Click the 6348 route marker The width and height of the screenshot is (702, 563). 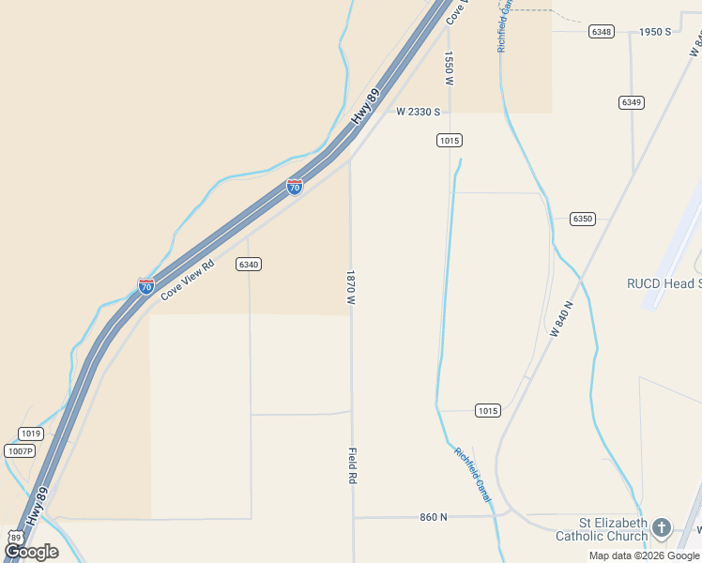click(x=602, y=32)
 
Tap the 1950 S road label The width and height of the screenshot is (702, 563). click(x=655, y=32)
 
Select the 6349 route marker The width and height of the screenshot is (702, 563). click(x=632, y=101)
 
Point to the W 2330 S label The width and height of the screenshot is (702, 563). click(x=418, y=112)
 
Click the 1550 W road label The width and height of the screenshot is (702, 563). click(x=450, y=68)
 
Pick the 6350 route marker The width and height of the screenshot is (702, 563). click(x=583, y=219)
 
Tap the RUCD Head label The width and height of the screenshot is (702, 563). click(x=664, y=283)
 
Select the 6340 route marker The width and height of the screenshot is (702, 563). click(x=249, y=265)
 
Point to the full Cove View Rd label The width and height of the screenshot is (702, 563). click(x=188, y=280)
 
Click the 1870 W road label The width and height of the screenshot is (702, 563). click(x=350, y=288)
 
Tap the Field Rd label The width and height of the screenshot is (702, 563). click(x=353, y=465)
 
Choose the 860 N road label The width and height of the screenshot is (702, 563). click(x=434, y=517)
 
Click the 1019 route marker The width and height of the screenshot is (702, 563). click(x=31, y=434)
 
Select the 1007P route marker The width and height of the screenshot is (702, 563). click(x=19, y=451)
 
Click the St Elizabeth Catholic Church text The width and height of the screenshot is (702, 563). click(x=602, y=529)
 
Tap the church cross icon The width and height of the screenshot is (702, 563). click(x=662, y=527)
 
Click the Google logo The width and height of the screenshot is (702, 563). click(x=31, y=552)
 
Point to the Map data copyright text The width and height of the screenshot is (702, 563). click(x=645, y=555)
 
